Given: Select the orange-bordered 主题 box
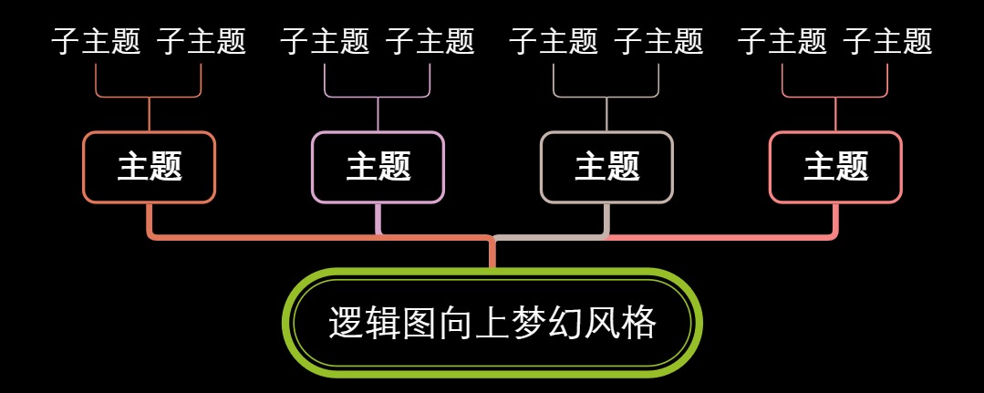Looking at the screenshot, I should point(149,167).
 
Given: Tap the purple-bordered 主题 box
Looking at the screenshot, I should point(378,167).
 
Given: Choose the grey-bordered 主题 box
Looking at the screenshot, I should point(606,167).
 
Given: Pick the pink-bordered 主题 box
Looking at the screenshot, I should point(835,167).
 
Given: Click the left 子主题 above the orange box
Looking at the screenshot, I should point(96,41).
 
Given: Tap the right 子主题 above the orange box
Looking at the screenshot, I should point(202,41).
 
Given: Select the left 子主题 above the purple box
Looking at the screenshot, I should point(325,41).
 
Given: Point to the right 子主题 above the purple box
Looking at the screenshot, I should point(430,41).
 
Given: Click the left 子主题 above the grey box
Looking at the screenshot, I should point(554,41).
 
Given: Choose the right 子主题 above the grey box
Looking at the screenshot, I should point(659,41).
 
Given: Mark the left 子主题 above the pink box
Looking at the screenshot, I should point(782,41).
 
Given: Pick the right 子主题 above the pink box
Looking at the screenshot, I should point(888,41).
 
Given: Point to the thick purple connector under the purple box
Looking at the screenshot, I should point(378,219).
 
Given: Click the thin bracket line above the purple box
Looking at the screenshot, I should point(378,96).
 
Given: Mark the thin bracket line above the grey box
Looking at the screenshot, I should point(606,96).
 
